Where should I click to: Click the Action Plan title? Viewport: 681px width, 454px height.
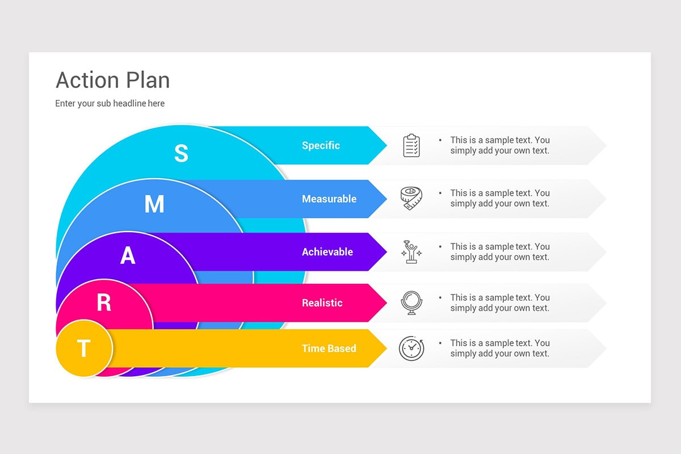(x=113, y=81)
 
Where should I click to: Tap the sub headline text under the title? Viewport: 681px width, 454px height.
(x=110, y=103)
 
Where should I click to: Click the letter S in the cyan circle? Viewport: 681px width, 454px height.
(x=181, y=153)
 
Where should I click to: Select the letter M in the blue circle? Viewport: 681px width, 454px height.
(x=154, y=204)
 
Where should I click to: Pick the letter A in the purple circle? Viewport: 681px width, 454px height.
(x=128, y=256)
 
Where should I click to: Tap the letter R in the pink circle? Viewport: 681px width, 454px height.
(x=104, y=303)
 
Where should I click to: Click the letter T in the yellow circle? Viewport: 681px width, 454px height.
(x=83, y=348)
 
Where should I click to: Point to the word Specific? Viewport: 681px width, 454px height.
(x=321, y=145)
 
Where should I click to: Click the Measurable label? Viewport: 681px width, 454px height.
(x=329, y=199)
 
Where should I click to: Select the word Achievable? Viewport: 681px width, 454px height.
(x=327, y=252)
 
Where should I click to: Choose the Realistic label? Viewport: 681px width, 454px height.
(x=322, y=303)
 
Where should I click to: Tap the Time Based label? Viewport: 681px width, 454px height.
(x=329, y=348)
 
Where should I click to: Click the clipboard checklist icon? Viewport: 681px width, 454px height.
(x=411, y=146)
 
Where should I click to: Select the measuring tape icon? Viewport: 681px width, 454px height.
(x=411, y=199)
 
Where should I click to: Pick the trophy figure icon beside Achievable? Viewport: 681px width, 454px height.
(x=411, y=252)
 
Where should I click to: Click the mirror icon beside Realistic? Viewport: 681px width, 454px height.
(x=411, y=303)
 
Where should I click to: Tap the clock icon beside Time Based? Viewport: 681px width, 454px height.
(x=411, y=348)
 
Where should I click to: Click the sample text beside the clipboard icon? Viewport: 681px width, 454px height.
(x=499, y=145)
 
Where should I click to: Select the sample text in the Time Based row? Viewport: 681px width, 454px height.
(x=499, y=348)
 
